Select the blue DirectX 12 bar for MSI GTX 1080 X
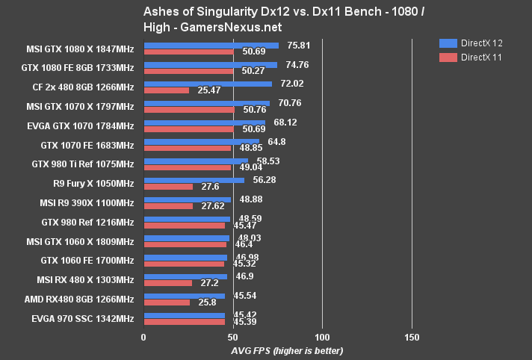tap(211, 46)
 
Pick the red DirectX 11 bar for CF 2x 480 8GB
tap(166, 90)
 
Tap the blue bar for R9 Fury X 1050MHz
tap(194, 180)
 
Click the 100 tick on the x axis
tap(323, 337)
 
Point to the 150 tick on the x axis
tap(412, 337)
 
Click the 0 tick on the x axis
tap(143, 337)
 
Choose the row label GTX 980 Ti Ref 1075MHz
tap(83, 164)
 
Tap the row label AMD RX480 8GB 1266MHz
tap(83, 300)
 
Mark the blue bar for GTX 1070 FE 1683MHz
tap(201, 140)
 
